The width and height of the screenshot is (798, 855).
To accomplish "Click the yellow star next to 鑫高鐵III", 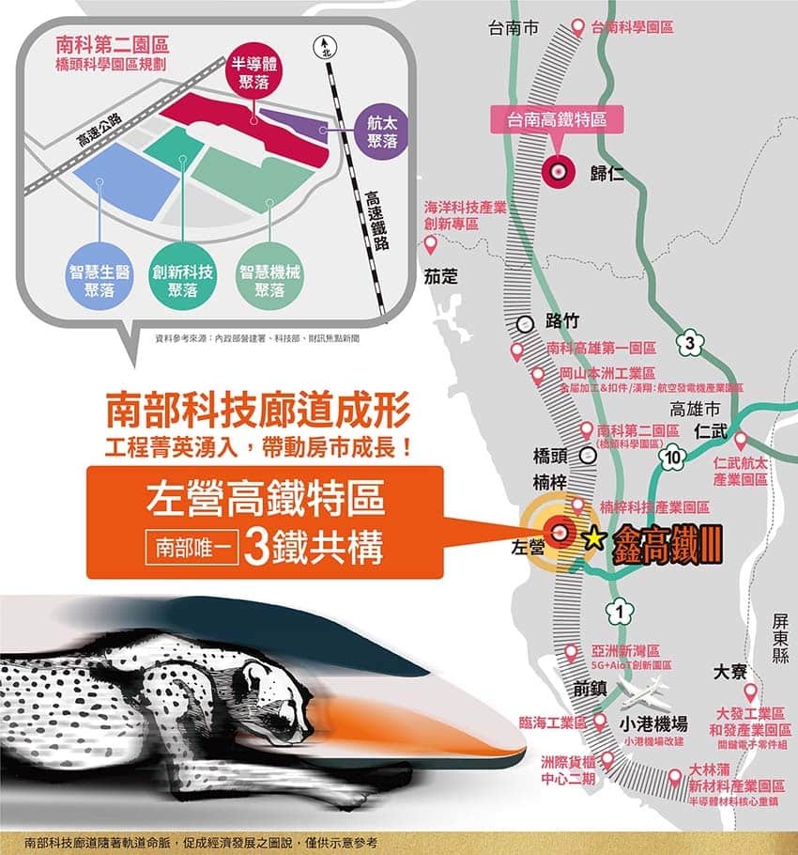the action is point(593,537).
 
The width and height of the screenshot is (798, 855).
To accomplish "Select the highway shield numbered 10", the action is point(671,459).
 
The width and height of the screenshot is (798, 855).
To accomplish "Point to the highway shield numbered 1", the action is point(619,611).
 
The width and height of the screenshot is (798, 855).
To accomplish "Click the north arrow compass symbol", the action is point(325,45).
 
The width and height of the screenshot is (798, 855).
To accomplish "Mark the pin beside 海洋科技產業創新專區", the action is point(432,246).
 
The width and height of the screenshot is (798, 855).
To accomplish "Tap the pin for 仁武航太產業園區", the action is point(740,440).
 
